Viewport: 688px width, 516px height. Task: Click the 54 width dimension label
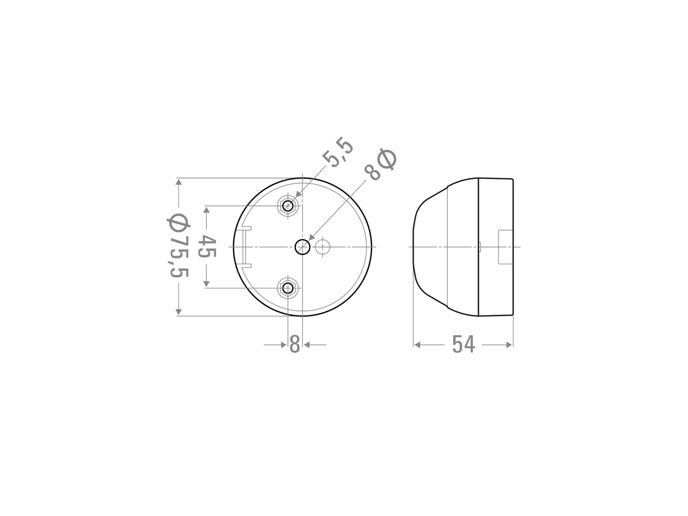(x=463, y=344)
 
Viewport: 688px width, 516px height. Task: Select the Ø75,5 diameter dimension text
(x=179, y=246)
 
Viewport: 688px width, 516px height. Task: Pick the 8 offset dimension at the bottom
(x=295, y=344)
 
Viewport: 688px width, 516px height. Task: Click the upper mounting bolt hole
(x=288, y=206)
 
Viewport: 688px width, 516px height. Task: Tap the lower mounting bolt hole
(x=288, y=288)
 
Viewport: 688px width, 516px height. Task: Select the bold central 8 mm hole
(x=302, y=247)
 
